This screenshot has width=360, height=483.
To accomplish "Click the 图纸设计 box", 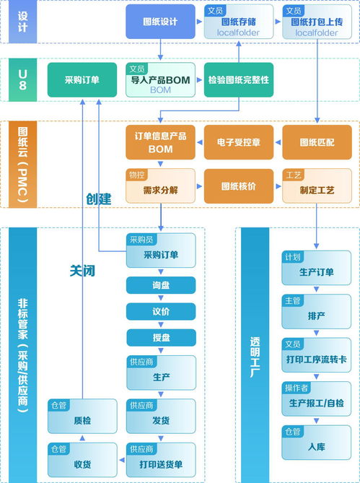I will [x=160, y=22].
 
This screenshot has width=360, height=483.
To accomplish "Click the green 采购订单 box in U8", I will [x=82, y=79].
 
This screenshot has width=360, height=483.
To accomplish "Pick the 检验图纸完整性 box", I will [x=238, y=79].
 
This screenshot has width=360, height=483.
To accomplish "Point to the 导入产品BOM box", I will [x=160, y=80].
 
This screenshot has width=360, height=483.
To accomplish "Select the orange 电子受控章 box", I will [x=238, y=142].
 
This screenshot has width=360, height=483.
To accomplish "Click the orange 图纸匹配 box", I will [x=316, y=142].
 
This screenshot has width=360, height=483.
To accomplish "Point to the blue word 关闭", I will [x=82, y=271].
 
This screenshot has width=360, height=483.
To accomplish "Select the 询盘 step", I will [x=161, y=285].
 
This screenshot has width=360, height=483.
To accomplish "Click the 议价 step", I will [x=161, y=311].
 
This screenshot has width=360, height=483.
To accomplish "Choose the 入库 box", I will [x=316, y=443].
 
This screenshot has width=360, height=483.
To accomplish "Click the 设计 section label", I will [x=22, y=22].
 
